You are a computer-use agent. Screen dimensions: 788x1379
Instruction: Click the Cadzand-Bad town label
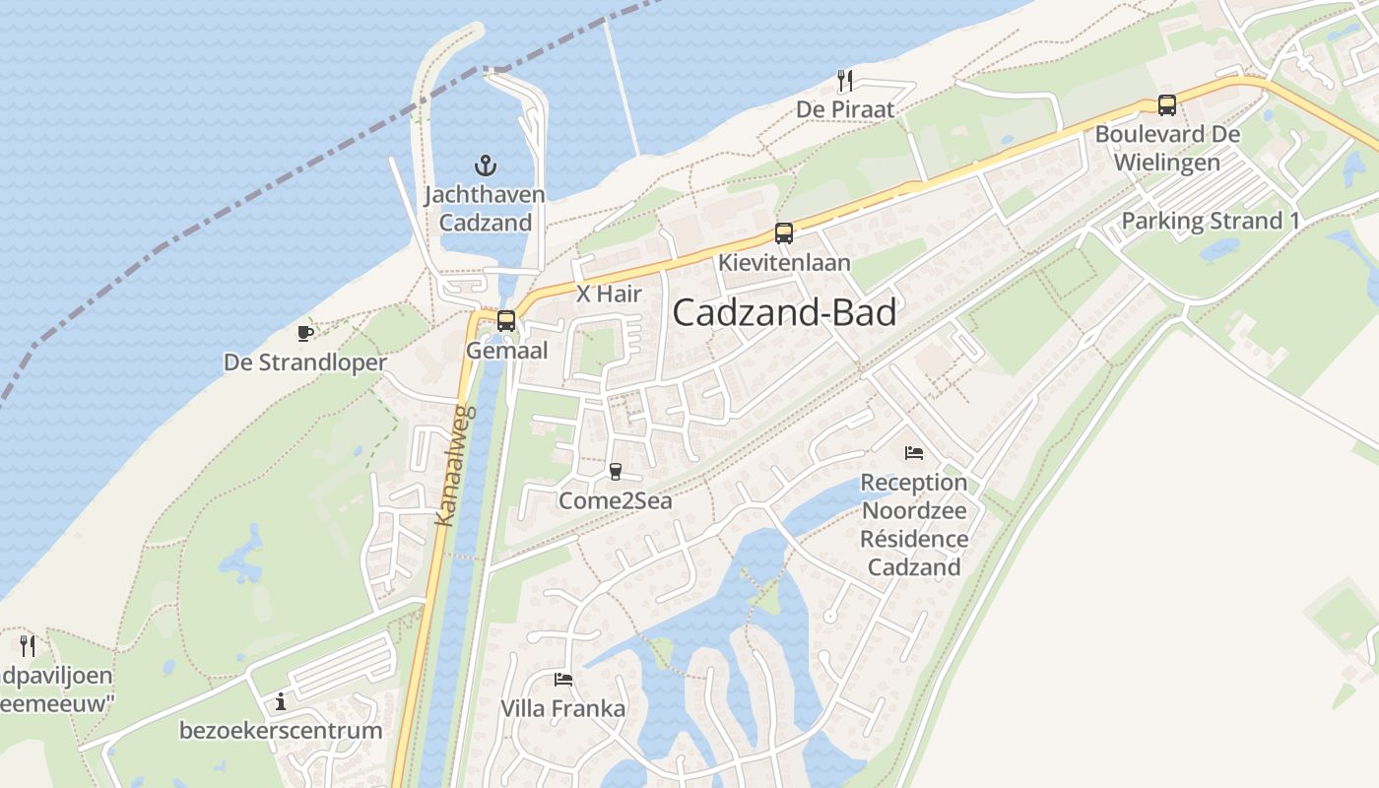coord(784,313)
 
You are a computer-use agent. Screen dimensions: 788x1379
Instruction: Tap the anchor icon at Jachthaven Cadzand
coord(485,164)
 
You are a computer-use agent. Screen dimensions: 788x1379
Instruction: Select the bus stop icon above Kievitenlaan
coord(784,233)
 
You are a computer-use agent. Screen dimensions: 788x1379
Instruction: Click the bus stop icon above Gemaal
coord(506,321)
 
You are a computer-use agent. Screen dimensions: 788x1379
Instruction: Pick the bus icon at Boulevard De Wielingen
coord(1167,104)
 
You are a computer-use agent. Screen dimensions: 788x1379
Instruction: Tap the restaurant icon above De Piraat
coord(844,80)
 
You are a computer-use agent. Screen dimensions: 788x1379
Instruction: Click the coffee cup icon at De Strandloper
coord(305,333)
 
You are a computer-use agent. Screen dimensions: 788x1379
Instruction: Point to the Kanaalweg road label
coord(454,465)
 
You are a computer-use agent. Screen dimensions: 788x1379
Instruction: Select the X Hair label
coord(609,294)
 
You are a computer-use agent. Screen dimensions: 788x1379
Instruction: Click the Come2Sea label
coord(616,501)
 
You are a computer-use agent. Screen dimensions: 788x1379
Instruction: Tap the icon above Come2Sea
coord(616,472)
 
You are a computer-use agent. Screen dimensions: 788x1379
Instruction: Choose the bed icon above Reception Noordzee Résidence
coord(914,453)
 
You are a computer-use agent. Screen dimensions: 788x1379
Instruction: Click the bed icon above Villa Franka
coord(563,680)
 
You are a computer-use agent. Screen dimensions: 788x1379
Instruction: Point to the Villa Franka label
coord(562,709)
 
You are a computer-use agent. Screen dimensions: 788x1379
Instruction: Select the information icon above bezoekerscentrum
coord(281,701)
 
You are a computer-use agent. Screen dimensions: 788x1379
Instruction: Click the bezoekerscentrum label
coord(281,731)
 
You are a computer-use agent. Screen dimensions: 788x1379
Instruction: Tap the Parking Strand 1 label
coord(1211,221)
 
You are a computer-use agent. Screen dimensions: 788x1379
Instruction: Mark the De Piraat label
coord(845,109)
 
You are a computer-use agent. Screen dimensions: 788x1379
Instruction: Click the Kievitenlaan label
coord(784,263)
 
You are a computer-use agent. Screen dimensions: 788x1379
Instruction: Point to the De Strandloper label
coord(305,362)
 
